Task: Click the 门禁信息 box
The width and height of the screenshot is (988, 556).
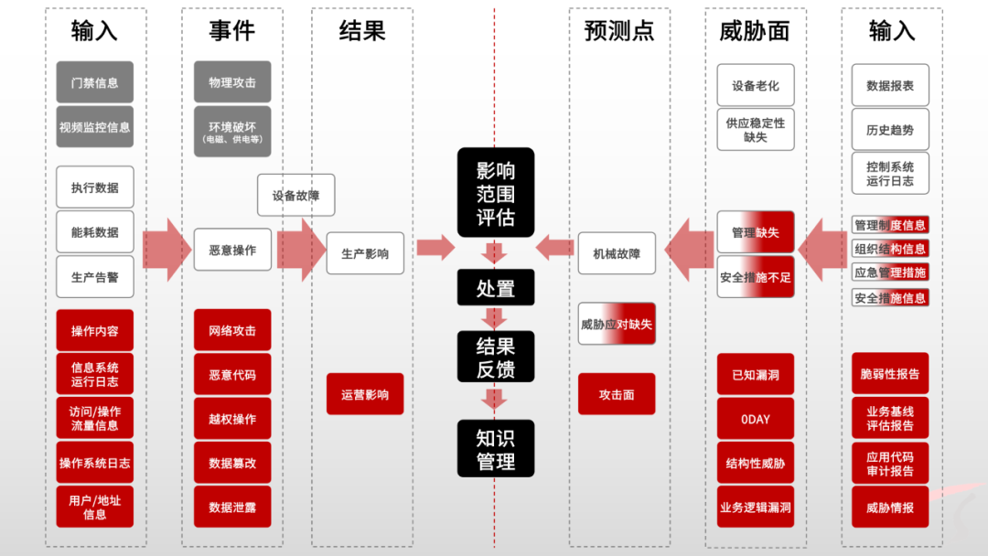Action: [94, 82]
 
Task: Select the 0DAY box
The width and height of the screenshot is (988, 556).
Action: [756, 419]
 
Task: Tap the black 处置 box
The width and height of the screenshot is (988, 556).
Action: [496, 288]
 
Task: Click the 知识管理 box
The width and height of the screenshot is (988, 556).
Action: [496, 449]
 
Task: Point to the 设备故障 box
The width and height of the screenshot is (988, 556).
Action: [295, 195]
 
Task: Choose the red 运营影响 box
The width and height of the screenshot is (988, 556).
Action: [365, 394]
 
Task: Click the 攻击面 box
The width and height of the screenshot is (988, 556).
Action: [617, 394]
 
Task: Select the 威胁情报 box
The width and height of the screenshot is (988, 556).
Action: [890, 508]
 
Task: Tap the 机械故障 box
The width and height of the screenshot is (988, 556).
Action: [617, 253]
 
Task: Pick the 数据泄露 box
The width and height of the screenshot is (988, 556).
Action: [232, 507]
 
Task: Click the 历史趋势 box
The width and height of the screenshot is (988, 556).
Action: [890, 130]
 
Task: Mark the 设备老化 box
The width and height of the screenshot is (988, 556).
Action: [756, 86]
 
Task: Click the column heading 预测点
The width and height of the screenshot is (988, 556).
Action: [619, 31]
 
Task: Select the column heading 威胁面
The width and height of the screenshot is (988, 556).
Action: [755, 31]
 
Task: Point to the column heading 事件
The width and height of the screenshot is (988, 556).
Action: [231, 31]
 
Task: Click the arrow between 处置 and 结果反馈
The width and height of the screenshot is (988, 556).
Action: [495, 318]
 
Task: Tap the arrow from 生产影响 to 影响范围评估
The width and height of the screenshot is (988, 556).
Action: [435, 247]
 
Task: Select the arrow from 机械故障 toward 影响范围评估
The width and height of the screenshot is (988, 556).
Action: [553, 247]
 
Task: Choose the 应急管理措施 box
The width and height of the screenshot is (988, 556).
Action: [890, 273]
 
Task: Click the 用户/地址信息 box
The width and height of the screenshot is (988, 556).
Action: [94, 507]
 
